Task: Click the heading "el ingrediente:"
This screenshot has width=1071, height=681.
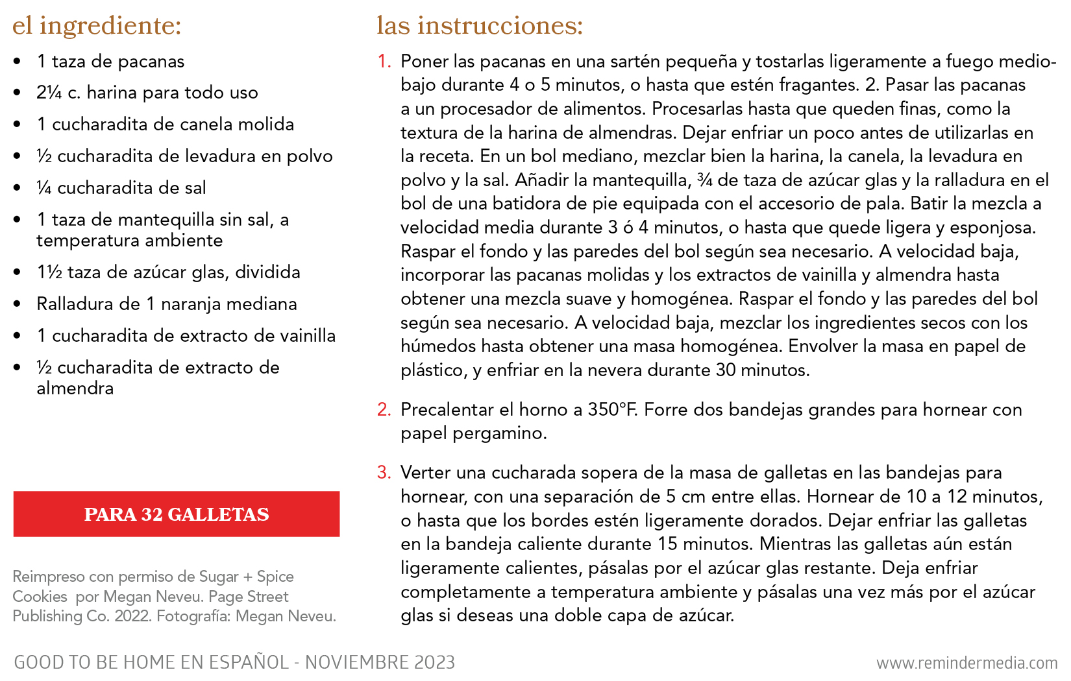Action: [x=97, y=26]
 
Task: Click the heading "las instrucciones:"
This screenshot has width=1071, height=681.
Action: [x=480, y=26]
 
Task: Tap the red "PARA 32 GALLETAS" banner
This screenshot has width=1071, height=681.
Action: [x=177, y=514]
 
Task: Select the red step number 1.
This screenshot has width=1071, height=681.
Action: [x=384, y=62]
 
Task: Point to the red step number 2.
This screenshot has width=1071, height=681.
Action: [x=384, y=410]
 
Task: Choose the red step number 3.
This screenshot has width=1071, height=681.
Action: [x=384, y=473]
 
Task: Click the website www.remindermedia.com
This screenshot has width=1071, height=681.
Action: [x=966, y=663]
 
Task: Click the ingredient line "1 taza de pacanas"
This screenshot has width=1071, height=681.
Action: [x=110, y=62]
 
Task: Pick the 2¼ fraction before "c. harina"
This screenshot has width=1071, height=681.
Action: [x=49, y=93]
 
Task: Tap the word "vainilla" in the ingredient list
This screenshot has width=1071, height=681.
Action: [x=307, y=336]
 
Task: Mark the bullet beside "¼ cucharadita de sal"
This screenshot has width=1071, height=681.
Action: [x=18, y=188]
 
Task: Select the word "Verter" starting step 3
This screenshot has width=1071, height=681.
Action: [x=426, y=473]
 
